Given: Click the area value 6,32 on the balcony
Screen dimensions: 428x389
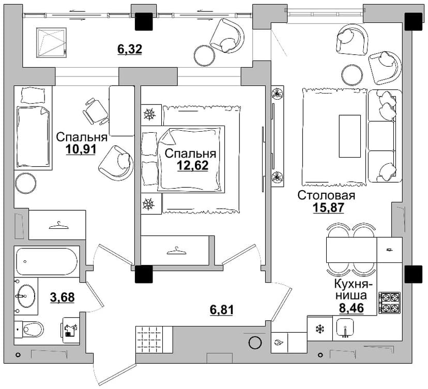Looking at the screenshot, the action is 130,49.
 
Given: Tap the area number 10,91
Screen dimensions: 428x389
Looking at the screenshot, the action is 81,149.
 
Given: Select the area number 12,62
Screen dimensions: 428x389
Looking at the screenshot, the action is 193,165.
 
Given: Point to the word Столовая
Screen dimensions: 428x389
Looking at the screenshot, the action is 326,195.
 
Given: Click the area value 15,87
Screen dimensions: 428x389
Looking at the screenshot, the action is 328,208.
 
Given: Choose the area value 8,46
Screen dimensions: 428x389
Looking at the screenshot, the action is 351,308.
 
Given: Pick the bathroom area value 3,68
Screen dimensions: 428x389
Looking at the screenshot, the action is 62,297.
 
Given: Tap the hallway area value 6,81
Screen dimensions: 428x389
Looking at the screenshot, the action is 221,310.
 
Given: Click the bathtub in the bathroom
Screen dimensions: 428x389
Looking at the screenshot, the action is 46,261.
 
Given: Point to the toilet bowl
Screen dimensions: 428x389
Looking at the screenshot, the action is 29,329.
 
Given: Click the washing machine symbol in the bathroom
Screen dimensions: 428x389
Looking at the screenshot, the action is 71,330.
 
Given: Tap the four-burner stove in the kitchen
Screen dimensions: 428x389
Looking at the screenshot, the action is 390,303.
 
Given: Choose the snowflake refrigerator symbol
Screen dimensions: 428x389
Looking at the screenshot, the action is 319,329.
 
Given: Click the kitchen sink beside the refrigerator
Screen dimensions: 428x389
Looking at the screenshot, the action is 346,327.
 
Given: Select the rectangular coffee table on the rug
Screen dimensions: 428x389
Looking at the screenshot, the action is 349,136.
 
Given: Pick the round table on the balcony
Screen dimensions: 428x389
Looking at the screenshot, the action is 205,55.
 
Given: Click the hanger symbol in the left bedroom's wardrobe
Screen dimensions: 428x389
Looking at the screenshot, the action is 58,226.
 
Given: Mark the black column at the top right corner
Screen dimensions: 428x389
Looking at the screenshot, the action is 413,22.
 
